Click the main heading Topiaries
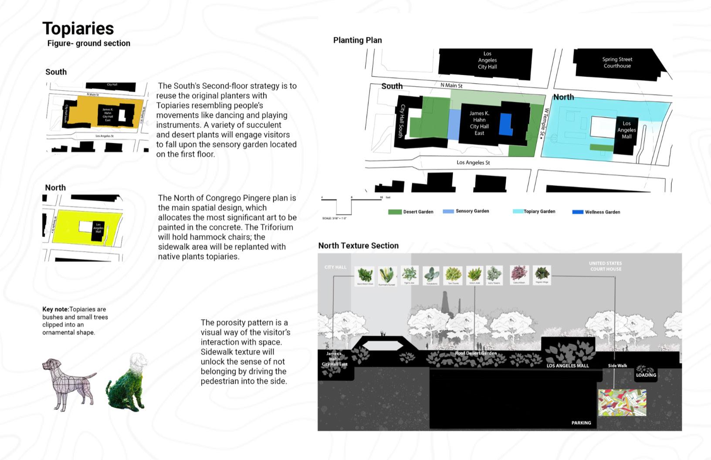point(78,29)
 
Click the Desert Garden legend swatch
point(395,212)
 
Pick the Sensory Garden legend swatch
point(448,211)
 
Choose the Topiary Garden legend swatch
point(518,211)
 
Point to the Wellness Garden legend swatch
point(578,212)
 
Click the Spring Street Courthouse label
point(617,63)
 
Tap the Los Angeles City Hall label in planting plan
point(487,61)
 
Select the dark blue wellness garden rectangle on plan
point(505,125)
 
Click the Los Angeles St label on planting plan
point(473,162)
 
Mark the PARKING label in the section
point(581,423)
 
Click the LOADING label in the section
point(646,375)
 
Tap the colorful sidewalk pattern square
point(622,402)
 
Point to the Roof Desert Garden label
point(476,353)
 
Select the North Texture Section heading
point(358,246)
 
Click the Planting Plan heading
point(357,41)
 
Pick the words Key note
point(55,309)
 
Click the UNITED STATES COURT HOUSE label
point(605,266)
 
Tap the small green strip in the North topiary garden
point(601,148)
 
